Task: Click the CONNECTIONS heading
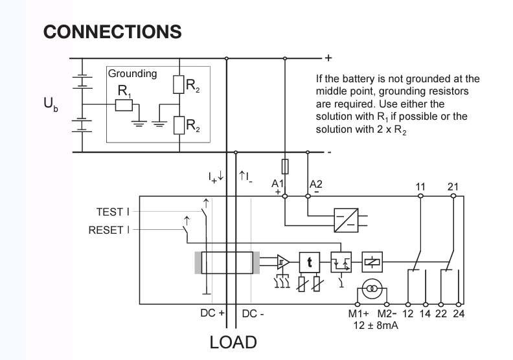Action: click(112, 32)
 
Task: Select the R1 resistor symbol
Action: click(124, 106)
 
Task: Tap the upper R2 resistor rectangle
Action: click(179, 84)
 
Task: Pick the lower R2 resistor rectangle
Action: click(179, 125)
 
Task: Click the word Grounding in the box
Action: click(133, 74)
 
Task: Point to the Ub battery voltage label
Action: click(51, 104)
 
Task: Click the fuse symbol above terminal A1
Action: click(285, 166)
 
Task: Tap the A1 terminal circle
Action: click(285, 196)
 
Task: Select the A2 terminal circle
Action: click(308, 196)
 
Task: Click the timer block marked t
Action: click(310, 262)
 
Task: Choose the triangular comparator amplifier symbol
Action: click(283, 262)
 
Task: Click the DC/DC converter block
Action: click(346, 220)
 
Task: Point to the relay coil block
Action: click(372, 262)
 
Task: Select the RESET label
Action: click(109, 230)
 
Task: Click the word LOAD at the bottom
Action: click(233, 343)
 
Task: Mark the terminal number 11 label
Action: click(420, 186)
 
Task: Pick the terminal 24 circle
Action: click(459, 304)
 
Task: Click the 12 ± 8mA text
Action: click(376, 325)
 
